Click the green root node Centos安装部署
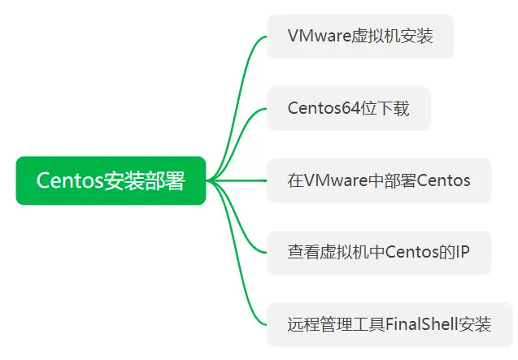coord(111,180)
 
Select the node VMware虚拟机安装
coord(359,37)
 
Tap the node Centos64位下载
coord(348,109)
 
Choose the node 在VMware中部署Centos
coord(379,180)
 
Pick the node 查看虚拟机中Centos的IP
coord(379,252)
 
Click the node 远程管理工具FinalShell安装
coord(390,324)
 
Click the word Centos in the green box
coord(69,180)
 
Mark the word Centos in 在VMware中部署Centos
coord(444,180)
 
